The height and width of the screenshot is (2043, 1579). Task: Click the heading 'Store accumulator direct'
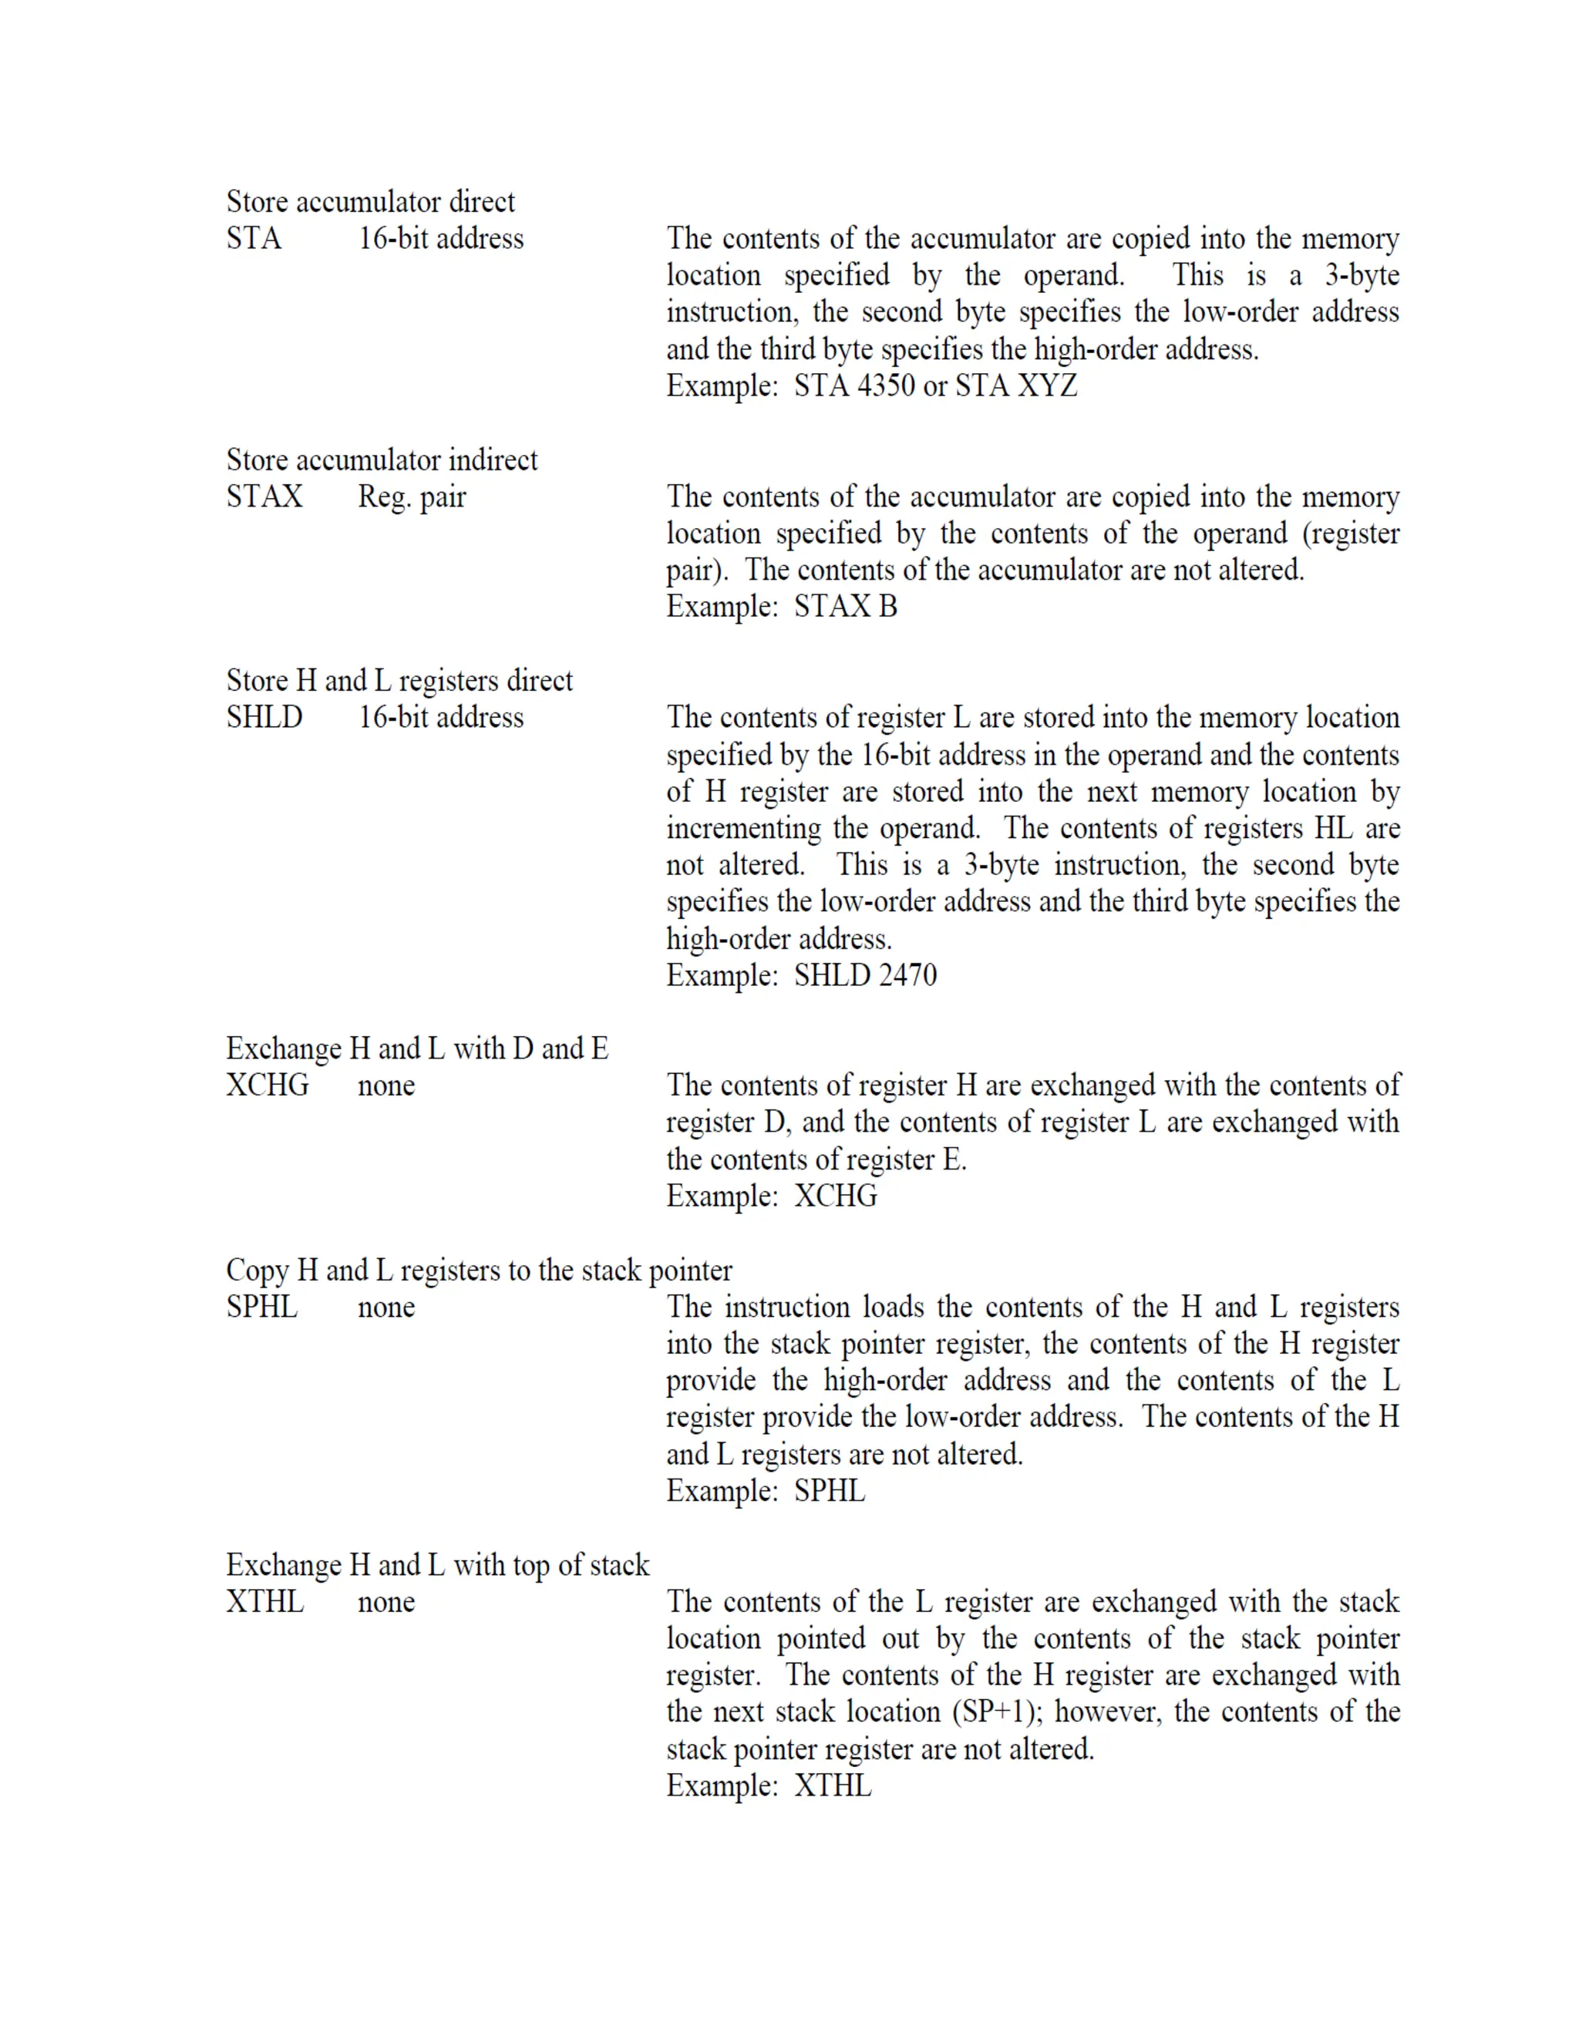point(370,202)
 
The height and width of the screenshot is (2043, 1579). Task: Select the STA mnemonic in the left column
point(254,238)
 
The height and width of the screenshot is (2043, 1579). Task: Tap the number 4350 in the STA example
point(885,385)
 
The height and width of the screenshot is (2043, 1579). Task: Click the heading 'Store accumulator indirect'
point(382,460)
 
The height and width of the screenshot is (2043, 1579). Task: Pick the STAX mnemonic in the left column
point(264,496)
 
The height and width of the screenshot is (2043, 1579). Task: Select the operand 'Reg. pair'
point(412,496)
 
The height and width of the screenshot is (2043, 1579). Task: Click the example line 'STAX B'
point(846,606)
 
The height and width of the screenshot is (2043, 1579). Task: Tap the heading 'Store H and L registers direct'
point(399,681)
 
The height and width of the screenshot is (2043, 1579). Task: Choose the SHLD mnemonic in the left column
point(264,718)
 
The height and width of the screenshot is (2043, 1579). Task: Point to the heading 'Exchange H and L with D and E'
point(417,1048)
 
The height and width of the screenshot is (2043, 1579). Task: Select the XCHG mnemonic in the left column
point(268,1085)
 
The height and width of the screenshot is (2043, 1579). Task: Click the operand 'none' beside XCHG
point(386,1086)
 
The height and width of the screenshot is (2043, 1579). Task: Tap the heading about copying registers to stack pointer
point(479,1271)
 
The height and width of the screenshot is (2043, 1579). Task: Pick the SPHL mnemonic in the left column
point(262,1307)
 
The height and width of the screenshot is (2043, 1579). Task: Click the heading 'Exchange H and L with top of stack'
point(438,1565)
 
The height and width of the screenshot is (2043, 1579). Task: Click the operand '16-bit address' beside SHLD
point(440,718)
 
